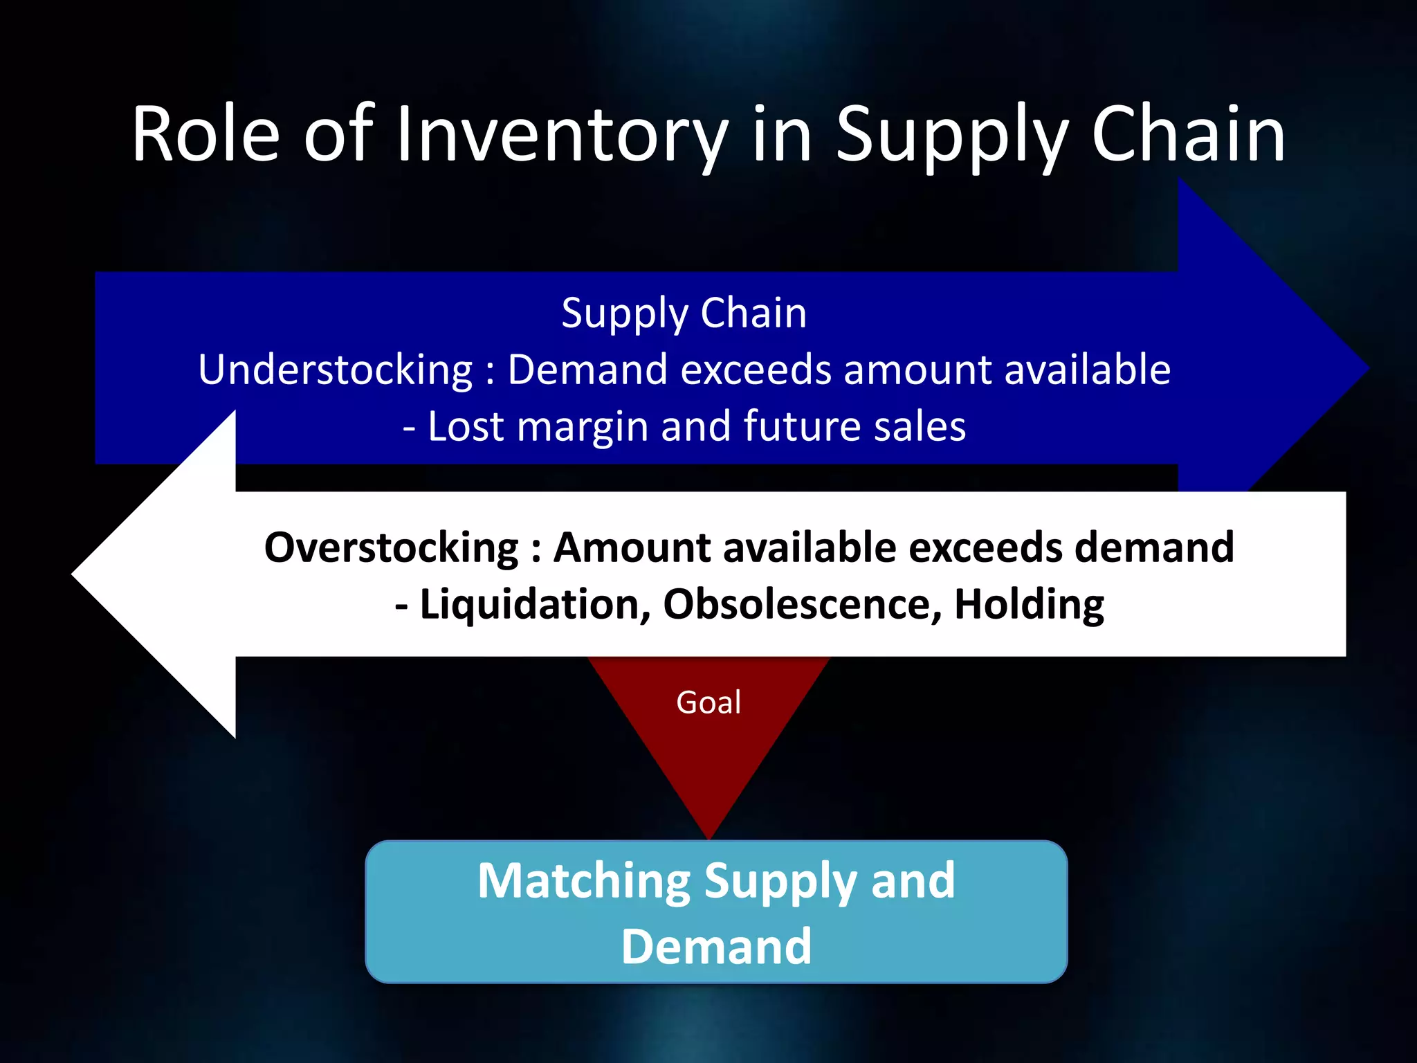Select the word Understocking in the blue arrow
pos(336,370)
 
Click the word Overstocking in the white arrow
pos(392,548)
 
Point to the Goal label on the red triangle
pos(708,702)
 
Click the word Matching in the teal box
pos(584,881)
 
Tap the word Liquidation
pos(535,605)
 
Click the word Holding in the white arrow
pos(1029,605)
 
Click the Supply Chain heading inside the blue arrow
pos(684,314)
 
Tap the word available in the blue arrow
pos(1087,370)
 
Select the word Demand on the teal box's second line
pos(716,947)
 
